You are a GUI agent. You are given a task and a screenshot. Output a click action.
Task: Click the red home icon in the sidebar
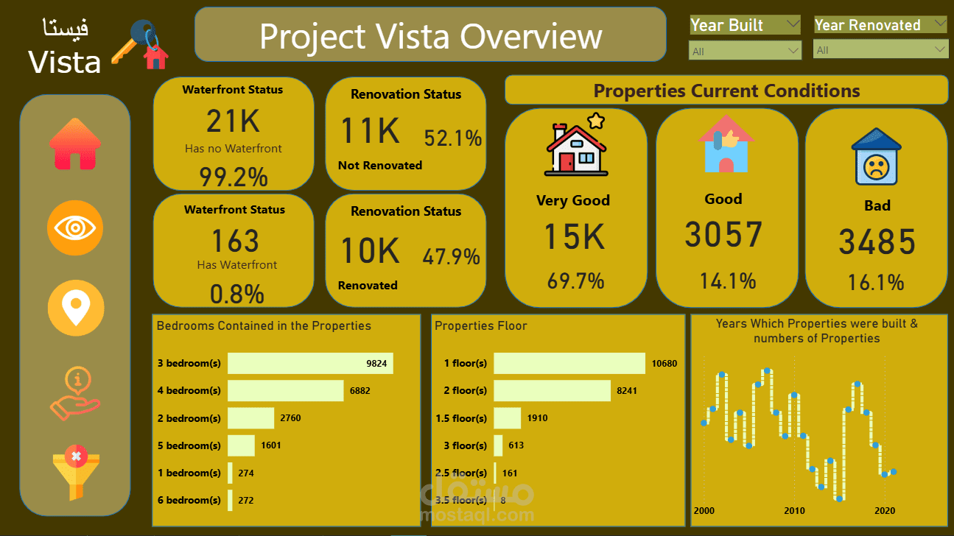click(x=75, y=144)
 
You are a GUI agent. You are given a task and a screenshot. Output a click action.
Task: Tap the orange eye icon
click(x=75, y=228)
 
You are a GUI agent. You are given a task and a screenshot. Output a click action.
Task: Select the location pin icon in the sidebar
click(x=75, y=307)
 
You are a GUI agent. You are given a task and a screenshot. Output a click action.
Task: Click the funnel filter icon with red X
click(x=75, y=474)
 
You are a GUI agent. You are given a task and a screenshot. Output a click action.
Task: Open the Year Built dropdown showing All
click(x=745, y=51)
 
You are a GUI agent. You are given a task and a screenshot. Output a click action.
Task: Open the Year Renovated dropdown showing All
click(x=880, y=50)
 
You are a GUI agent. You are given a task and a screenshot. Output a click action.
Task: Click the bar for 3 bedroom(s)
click(x=310, y=363)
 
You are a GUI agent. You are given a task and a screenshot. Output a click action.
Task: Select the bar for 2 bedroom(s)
click(x=250, y=418)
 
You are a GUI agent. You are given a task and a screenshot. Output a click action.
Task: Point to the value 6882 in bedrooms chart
click(x=359, y=391)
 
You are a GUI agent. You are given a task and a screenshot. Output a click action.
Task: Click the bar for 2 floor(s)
click(x=552, y=391)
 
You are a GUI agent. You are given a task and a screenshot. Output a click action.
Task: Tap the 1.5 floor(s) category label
click(x=460, y=418)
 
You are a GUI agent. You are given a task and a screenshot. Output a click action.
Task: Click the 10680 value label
click(x=664, y=364)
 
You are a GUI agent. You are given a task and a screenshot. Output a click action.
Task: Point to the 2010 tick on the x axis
click(x=794, y=511)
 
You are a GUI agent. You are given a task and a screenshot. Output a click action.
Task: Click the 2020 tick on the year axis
click(x=885, y=511)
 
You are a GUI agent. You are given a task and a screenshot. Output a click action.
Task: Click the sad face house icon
click(x=876, y=158)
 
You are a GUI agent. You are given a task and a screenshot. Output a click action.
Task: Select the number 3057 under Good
click(x=723, y=235)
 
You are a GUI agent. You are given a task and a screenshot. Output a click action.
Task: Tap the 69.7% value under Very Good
click(x=575, y=281)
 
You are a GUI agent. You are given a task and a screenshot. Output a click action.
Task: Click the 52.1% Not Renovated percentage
click(x=452, y=138)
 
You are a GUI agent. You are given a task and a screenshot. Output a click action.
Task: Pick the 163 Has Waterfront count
click(x=235, y=241)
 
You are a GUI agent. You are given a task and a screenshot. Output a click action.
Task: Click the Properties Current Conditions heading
click(x=726, y=91)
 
